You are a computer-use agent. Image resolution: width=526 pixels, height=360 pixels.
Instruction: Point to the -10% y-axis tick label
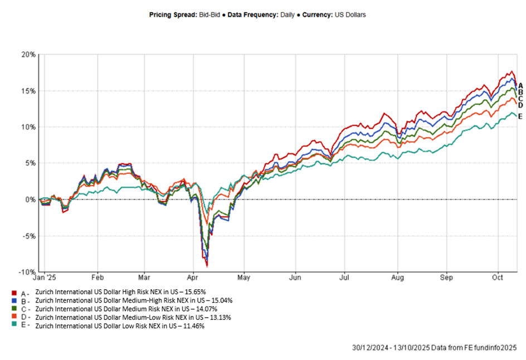[28, 272]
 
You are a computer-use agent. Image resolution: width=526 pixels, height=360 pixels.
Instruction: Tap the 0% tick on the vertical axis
[31, 200]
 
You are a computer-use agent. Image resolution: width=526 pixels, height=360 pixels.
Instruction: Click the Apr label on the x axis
[193, 276]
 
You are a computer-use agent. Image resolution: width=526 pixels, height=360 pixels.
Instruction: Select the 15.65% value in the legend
[196, 292]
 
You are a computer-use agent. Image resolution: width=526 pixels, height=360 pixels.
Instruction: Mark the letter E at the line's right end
[520, 116]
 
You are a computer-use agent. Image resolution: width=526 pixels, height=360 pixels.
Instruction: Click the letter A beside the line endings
[520, 85]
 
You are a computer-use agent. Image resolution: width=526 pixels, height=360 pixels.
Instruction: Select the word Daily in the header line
[288, 14]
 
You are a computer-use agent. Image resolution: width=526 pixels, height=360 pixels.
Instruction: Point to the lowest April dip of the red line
[207, 266]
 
